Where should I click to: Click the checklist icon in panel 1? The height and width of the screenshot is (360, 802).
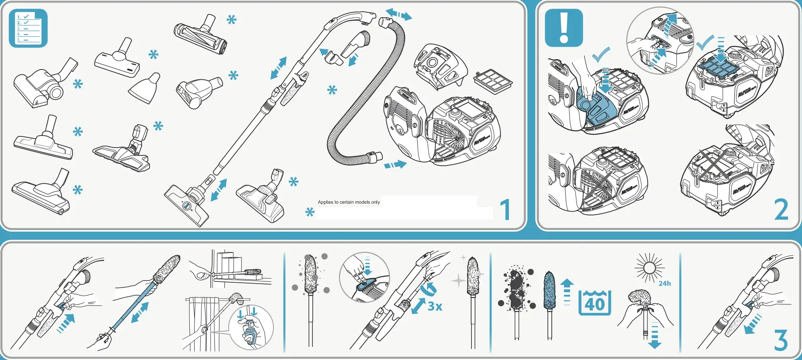(x=28, y=28)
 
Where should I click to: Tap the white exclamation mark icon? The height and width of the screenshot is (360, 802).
(x=564, y=28)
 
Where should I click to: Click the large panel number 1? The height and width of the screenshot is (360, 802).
(x=505, y=210)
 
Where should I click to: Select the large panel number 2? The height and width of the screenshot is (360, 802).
(x=781, y=210)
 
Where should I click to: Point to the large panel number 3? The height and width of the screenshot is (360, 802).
(x=781, y=340)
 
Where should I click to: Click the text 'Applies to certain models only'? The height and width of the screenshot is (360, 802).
(x=349, y=202)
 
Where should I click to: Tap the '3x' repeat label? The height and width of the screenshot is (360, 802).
(x=435, y=306)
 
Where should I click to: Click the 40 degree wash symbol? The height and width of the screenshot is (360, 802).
(x=594, y=303)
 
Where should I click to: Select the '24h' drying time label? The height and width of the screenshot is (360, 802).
(x=664, y=284)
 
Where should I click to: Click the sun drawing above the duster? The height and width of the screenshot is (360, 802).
(x=649, y=268)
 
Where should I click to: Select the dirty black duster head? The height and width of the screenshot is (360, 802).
(x=516, y=289)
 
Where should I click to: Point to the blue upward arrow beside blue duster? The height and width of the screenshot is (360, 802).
(x=567, y=291)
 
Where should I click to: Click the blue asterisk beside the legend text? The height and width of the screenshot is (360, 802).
(x=310, y=212)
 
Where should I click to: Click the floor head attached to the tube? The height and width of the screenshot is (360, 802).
(x=187, y=205)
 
